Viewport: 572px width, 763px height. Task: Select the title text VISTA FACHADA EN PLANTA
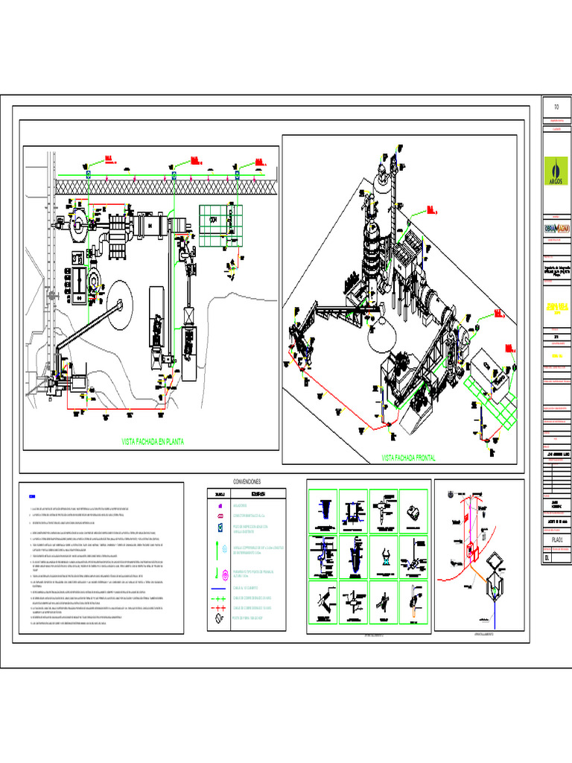tap(152, 442)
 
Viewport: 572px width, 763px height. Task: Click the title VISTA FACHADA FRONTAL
tap(408, 457)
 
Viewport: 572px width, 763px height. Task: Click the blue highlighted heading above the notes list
tap(32, 496)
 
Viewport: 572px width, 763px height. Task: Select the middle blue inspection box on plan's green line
tap(174, 174)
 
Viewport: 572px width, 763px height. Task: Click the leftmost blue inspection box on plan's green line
tap(88, 174)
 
